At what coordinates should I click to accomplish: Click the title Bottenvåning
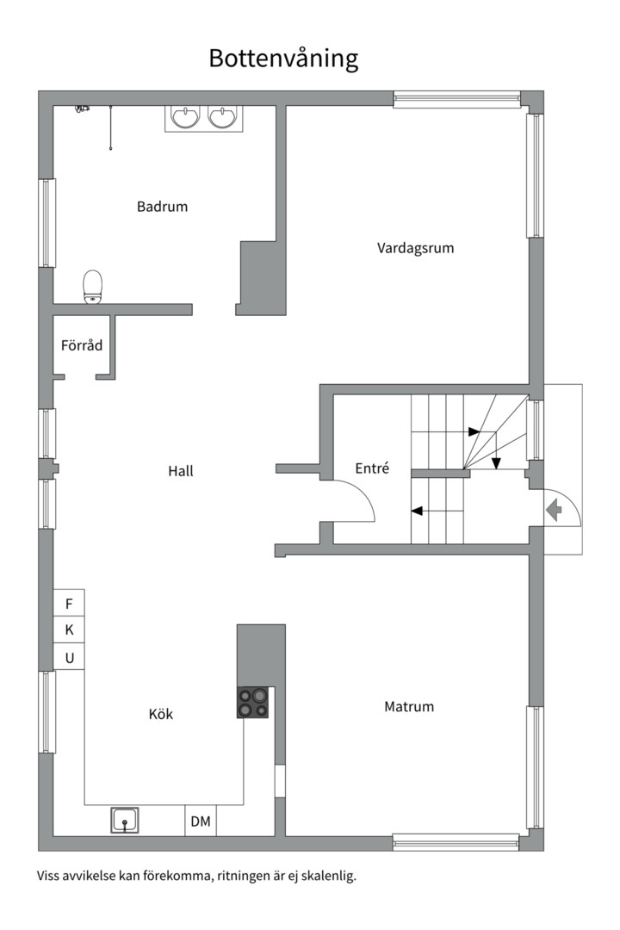283,59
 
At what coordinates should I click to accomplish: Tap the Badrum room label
162,207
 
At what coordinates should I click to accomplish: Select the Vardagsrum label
415,248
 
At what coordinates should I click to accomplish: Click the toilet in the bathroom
92,287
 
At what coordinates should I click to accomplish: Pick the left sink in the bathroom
185,117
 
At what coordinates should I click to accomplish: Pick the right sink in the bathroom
223,117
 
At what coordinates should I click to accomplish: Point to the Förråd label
82,345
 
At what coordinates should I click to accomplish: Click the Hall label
181,471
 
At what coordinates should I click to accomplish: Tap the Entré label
372,468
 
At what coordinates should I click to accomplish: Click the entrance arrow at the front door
554,511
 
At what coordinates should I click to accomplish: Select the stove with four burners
253,703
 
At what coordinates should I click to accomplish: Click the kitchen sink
126,821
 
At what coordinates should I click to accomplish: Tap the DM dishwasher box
201,821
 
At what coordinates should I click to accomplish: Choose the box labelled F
69,603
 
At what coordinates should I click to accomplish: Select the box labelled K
69,630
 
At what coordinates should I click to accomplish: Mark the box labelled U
69,658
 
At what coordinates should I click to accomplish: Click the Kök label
161,714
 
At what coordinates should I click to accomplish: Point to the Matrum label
409,707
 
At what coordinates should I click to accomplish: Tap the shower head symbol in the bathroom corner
82,108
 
